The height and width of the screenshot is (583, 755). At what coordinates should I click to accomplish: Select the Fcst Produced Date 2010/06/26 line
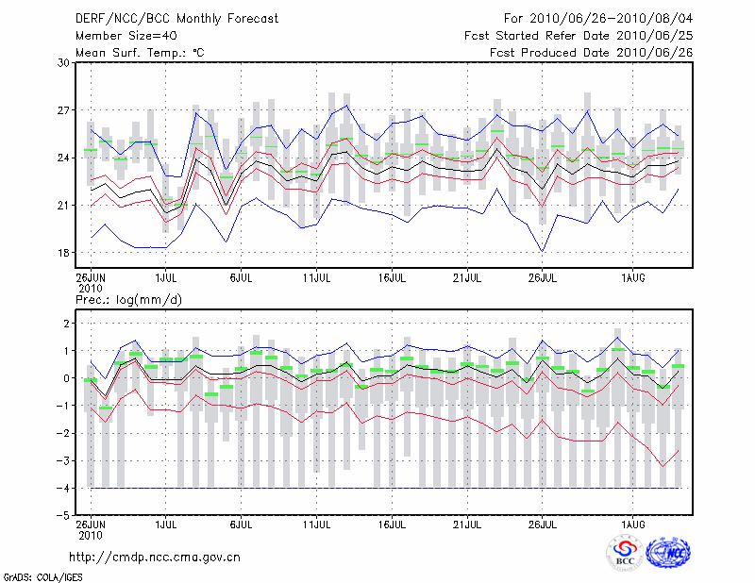591,53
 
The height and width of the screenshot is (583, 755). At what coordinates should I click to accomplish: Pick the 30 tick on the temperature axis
64,63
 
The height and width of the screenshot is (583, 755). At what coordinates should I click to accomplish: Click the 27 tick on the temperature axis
64,110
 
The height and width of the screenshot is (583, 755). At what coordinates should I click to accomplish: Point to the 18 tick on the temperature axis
64,253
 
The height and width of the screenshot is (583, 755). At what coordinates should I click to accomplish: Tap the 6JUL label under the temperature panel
241,278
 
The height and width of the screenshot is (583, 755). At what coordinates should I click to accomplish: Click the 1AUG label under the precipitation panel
632,523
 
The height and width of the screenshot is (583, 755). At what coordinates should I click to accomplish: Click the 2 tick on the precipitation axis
66,324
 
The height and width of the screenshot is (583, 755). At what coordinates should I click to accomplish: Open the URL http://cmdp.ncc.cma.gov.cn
156,557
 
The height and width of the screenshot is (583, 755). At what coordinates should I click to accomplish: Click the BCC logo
625,554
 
